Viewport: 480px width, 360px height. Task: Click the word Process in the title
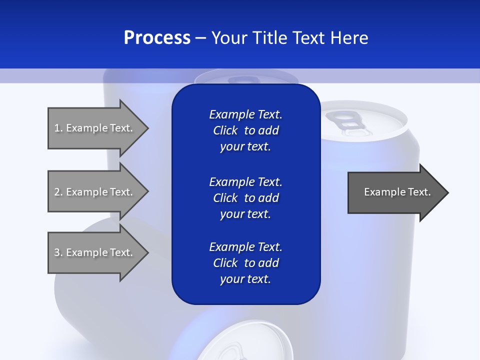click(x=157, y=38)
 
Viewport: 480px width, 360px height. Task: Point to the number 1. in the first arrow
click(x=58, y=128)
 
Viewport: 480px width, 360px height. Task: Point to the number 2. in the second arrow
click(x=58, y=192)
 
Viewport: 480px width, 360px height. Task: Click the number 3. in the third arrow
click(x=58, y=252)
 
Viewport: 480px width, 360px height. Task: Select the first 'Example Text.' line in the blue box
click(x=245, y=114)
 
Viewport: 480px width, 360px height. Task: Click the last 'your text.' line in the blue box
click(x=245, y=279)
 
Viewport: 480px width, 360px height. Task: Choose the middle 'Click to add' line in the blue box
click(x=245, y=198)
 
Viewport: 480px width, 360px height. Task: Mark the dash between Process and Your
click(x=200, y=38)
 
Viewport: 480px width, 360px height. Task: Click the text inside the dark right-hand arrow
click(x=397, y=192)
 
